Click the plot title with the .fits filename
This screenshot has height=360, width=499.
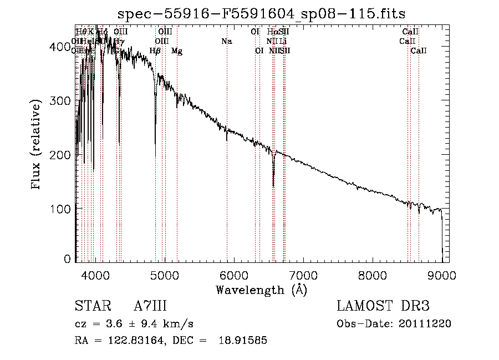pyautogui.click(x=261, y=14)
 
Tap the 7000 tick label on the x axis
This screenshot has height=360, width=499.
pyautogui.click(x=303, y=275)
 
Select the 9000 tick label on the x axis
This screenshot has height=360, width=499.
pyautogui.click(x=442, y=275)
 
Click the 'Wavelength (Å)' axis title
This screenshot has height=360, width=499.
pyautogui.click(x=261, y=290)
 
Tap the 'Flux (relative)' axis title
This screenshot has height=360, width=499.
pyautogui.click(x=37, y=145)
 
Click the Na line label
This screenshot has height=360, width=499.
pyautogui.click(x=226, y=41)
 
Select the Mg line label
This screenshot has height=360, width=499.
pyautogui.click(x=176, y=51)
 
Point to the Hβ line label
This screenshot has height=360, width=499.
pyautogui.click(x=155, y=51)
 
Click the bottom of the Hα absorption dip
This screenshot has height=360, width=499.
pyautogui.click(x=273, y=186)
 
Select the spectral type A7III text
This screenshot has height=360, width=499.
pyautogui.click(x=150, y=306)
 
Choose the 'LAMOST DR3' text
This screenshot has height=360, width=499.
pyautogui.click(x=383, y=306)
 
